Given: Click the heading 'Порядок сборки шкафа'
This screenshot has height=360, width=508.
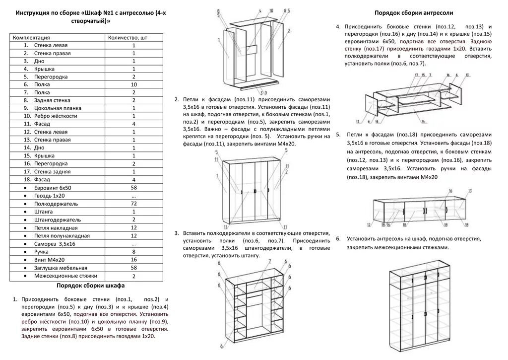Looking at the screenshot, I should point(90,286).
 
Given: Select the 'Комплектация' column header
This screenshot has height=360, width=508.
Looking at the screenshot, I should point(31,37).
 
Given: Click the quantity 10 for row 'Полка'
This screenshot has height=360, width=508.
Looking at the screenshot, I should point(133,84).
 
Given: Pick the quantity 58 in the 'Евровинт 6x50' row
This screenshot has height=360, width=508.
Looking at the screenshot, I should point(133,188).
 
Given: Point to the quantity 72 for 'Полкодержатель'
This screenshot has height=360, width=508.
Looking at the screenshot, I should point(133,204).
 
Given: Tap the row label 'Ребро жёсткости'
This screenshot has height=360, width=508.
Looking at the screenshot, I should point(56,116).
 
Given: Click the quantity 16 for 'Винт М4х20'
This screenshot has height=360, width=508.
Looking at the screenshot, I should point(133,259).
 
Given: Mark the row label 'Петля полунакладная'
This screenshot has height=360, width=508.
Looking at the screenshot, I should point(62,235).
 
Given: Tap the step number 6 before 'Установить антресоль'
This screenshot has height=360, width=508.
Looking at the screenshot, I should point(338,239).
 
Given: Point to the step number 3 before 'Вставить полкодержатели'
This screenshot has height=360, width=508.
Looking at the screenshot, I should point(177,233).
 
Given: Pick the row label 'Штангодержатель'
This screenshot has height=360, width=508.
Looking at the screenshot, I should point(57,219).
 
